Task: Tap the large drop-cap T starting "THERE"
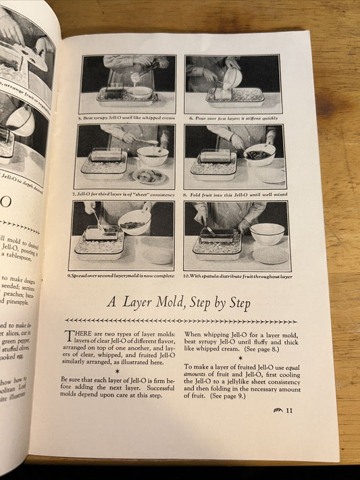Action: (70, 336)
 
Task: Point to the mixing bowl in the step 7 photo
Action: (152, 156)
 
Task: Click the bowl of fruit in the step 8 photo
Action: (259, 155)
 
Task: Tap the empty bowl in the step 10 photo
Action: (266, 234)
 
